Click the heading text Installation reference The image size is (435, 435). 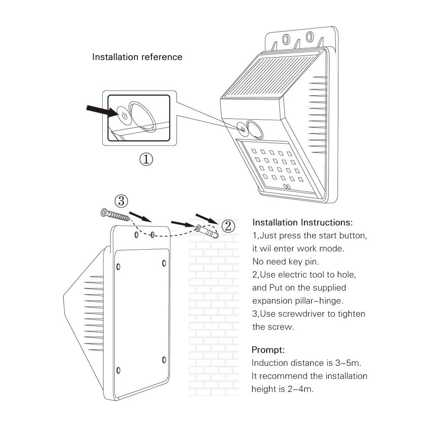coord(137,57)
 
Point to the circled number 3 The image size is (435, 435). coord(121,201)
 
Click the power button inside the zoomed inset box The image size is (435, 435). coord(124,115)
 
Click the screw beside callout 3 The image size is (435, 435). coord(114,214)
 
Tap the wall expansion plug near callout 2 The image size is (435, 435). coord(206,232)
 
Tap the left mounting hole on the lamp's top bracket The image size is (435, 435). coord(286,40)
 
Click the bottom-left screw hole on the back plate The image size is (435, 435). coord(118,370)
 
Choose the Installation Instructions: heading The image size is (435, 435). coord(303,222)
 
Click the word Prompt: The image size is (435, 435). coord(268,350)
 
